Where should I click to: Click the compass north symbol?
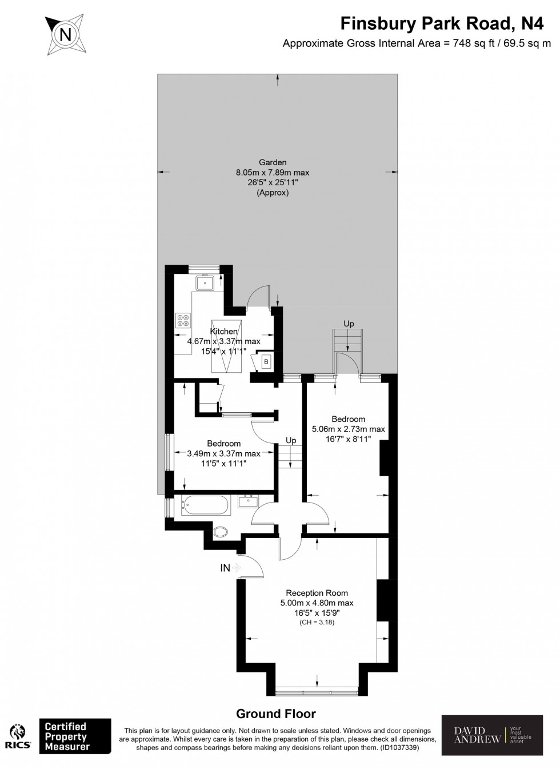(x=66, y=34)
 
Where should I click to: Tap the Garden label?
(x=273, y=162)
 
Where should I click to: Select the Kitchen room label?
(x=223, y=332)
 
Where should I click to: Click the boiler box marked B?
(x=266, y=361)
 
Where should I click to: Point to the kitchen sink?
(x=204, y=282)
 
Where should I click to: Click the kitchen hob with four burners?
(x=183, y=320)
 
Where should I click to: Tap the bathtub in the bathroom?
(x=205, y=505)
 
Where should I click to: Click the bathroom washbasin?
(x=249, y=501)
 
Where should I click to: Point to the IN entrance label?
(x=226, y=568)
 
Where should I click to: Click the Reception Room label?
(x=317, y=593)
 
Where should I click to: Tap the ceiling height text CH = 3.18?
(x=317, y=622)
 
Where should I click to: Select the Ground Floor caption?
(x=276, y=714)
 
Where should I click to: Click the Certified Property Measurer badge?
(x=74, y=737)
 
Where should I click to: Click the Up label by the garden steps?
(x=349, y=324)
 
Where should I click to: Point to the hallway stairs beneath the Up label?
(x=291, y=458)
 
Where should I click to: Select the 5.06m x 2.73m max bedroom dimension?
(x=349, y=429)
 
